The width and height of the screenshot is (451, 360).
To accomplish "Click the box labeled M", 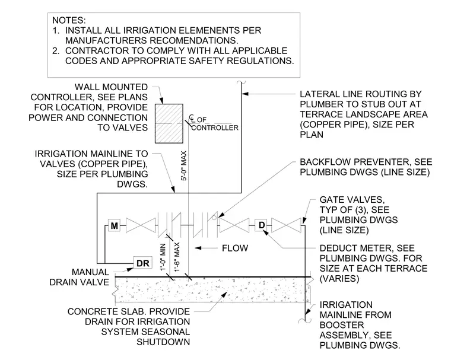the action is pyautogui.click(x=114, y=225).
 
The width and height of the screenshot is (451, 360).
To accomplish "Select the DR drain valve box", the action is pyautogui.click(x=142, y=263).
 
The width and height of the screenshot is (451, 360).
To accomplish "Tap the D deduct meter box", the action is pyautogui.click(x=261, y=225).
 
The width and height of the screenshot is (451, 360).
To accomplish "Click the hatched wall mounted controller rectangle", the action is pyautogui.click(x=169, y=123).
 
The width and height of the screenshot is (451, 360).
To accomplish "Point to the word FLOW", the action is pyautogui.click(x=235, y=248).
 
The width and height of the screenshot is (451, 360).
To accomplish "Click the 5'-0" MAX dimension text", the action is pyautogui.click(x=184, y=165).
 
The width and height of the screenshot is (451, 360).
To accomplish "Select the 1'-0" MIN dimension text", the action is pyautogui.click(x=163, y=257).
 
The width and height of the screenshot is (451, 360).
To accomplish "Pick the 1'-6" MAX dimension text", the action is pyautogui.click(x=177, y=257).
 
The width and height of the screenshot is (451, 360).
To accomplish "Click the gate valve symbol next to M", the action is pyautogui.click(x=141, y=225).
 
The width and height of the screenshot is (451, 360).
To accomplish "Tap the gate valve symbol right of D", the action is pyautogui.click(x=286, y=225).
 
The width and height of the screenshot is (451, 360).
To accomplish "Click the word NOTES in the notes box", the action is pyautogui.click(x=69, y=20).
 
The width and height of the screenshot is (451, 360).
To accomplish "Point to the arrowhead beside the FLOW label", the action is pyautogui.click(x=198, y=248).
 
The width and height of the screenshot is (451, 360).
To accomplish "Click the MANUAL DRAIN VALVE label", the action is pyautogui.click(x=80, y=277).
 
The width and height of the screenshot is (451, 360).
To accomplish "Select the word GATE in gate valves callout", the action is pyautogui.click(x=331, y=199).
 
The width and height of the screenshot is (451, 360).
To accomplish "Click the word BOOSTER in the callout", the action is pyautogui.click(x=342, y=325).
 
